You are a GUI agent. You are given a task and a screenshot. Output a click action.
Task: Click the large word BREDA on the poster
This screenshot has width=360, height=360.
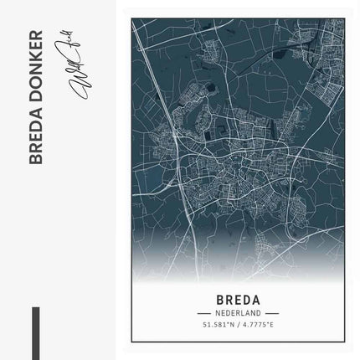pos(238,298)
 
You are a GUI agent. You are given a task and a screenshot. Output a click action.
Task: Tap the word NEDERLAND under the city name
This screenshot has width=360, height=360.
pos(238,312)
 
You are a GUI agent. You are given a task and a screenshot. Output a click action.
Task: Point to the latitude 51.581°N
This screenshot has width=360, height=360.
pos(219,324)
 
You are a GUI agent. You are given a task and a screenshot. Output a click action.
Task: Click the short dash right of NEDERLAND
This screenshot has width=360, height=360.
pos(270,312)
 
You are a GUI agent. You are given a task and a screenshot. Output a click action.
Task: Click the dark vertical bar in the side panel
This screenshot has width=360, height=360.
pos(36,332)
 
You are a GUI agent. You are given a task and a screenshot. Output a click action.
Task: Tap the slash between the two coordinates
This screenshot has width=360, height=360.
pos(238,324)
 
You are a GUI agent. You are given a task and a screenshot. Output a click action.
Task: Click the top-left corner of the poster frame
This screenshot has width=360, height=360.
pos(131,15)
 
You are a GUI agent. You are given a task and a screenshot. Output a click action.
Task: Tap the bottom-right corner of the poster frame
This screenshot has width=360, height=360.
pos(344,345)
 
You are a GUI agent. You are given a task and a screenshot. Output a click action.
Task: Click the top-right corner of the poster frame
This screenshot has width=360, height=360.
pos(344,15)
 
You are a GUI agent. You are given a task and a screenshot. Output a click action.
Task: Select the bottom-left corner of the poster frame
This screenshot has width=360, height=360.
pos(131,345)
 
